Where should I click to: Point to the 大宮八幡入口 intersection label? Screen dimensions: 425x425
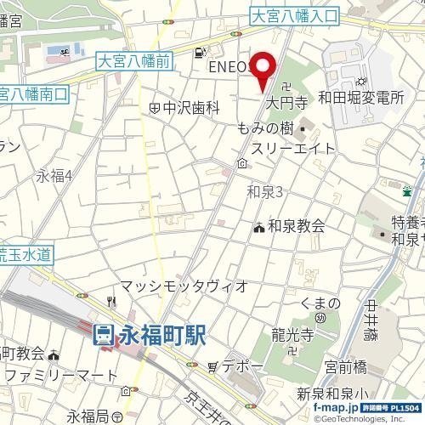[x=295, y=15]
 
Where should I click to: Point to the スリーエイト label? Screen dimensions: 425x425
[x=292, y=148]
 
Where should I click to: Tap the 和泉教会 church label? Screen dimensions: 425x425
[x=296, y=226]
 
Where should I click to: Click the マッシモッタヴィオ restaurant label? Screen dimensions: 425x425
[x=183, y=286]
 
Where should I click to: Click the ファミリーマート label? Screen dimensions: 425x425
[x=57, y=374]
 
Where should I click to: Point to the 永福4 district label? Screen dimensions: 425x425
[x=54, y=177]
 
